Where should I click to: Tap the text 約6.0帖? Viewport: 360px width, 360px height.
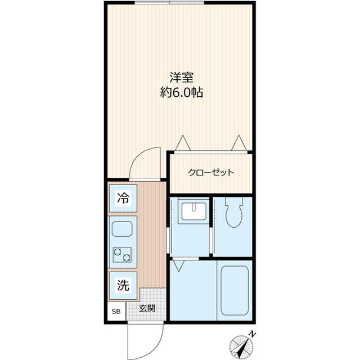(179, 93)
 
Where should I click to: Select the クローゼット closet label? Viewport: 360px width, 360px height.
(210, 173)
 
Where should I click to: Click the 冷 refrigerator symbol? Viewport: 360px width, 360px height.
(122, 197)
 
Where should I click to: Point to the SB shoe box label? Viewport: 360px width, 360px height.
(116, 311)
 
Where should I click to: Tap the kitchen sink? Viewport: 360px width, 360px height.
(122, 229)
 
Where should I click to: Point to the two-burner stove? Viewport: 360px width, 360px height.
(122, 256)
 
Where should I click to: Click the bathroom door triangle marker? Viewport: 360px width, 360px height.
(179, 262)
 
